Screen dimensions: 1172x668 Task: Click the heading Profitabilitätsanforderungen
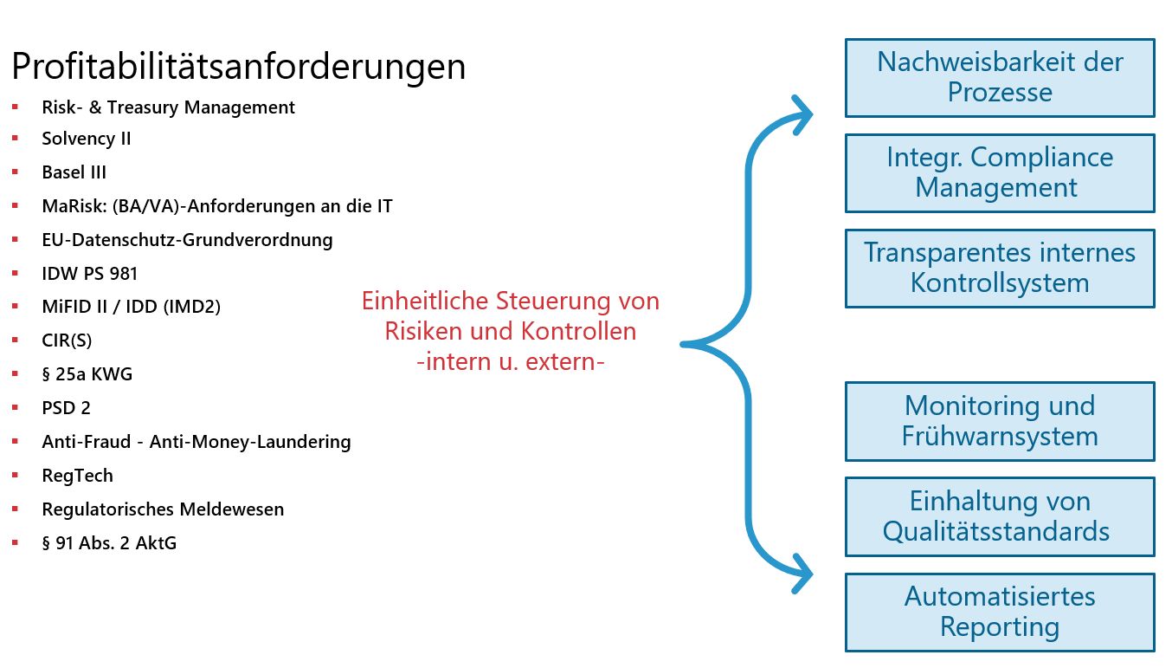point(239,67)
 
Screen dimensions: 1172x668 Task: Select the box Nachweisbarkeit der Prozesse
point(1000,78)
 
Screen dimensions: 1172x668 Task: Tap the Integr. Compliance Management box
point(1000,173)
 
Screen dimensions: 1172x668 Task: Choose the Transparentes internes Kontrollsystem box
point(1000,269)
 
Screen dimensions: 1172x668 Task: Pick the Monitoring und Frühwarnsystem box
point(1000,421)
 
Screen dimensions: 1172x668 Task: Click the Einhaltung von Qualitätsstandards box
point(1000,516)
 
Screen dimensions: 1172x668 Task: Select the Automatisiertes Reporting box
point(1000,613)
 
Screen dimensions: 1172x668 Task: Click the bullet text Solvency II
point(87,139)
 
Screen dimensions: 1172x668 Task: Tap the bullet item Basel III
point(74,172)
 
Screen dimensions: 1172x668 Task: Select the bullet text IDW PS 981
point(89,274)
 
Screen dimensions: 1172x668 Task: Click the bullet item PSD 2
point(66,408)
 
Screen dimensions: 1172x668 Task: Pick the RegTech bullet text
point(77,476)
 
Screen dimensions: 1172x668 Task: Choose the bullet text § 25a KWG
point(87,374)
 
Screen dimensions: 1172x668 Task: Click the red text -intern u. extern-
point(510,362)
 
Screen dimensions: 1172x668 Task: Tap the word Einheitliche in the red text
point(425,301)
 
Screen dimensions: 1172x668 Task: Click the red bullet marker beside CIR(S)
point(16,340)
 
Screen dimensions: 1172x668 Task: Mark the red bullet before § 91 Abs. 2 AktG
point(16,543)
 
